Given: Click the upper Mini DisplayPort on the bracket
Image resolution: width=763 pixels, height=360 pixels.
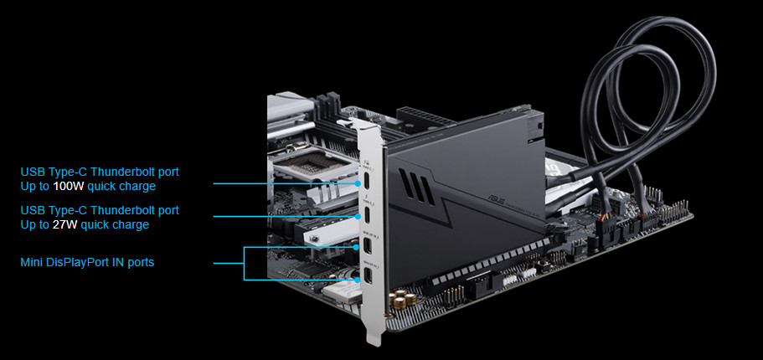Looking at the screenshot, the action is pyautogui.click(x=369, y=247).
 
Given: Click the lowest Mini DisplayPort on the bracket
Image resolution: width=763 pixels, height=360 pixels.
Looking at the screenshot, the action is pyautogui.click(x=369, y=278).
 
